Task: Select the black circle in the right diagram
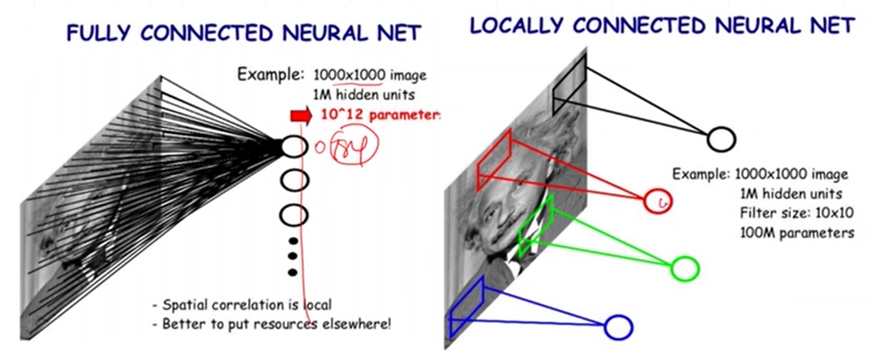(721, 139)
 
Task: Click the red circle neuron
(658, 201)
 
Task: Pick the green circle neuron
(685, 269)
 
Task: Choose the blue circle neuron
(618, 327)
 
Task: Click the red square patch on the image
(494, 159)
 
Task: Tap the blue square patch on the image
(467, 308)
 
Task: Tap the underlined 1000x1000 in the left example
(349, 76)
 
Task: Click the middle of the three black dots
(294, 257)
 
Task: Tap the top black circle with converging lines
(293, 147)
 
